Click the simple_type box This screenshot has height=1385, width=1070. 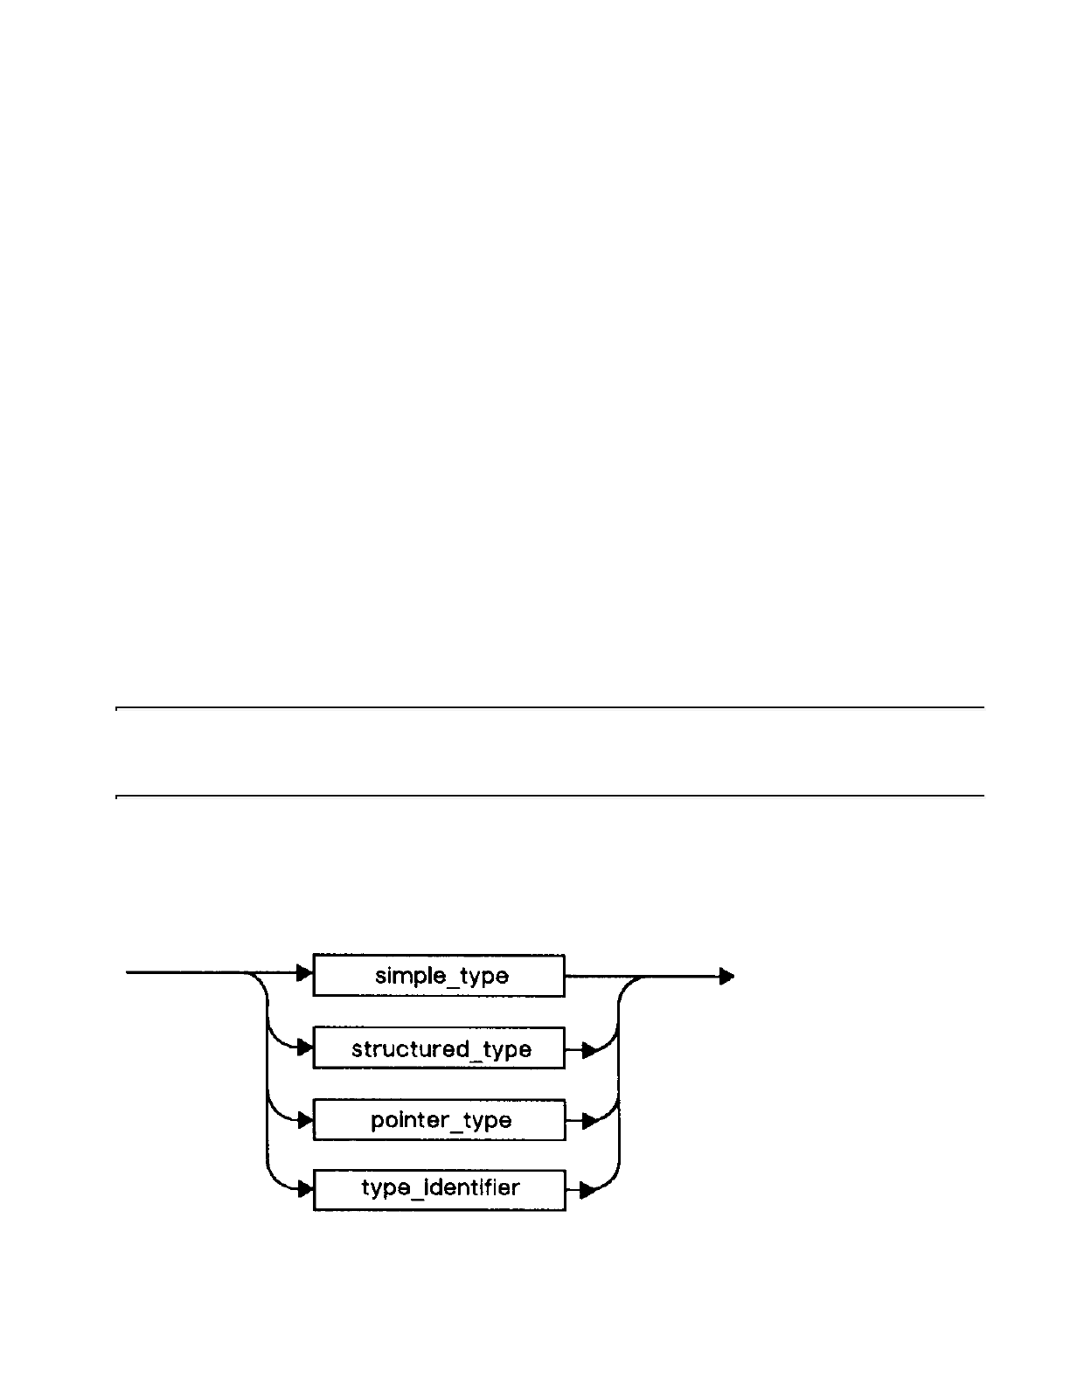pos(439,976)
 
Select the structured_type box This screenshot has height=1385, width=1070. pos(439,1048)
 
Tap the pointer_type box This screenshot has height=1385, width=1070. pos(439,1120)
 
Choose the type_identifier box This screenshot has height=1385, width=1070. pos(439,1189)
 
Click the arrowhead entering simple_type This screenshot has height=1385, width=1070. pos(305,972)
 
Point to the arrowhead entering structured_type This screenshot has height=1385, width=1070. pos(305,1047)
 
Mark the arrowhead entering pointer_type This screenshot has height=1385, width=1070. pos(305,1120)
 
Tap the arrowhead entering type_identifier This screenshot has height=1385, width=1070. pos(305,1189)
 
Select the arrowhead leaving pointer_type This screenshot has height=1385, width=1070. pos(589,1121)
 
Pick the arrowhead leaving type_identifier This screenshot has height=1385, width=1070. pos(589,1190)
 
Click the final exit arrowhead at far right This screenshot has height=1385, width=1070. pos(726,977)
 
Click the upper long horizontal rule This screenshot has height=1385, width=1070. pos(551,707)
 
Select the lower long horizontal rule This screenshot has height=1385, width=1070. pos(551,797)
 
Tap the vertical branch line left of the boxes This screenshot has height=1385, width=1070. pos(265,1084)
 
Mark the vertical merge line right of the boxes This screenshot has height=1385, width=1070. pos(619,1084)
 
